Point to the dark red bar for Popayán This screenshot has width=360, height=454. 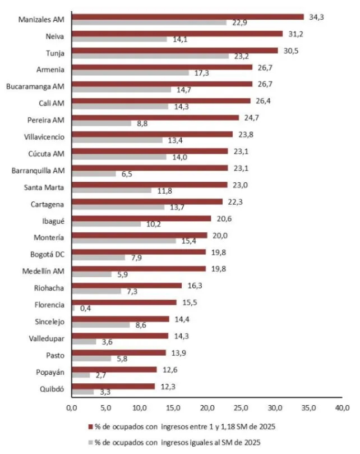pos(114,369)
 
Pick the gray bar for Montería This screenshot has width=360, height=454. pos(123,241)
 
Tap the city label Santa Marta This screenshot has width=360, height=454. pos(47,187)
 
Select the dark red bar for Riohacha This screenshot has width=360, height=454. pos(127,285)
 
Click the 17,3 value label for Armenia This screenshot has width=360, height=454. pos(200,73)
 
